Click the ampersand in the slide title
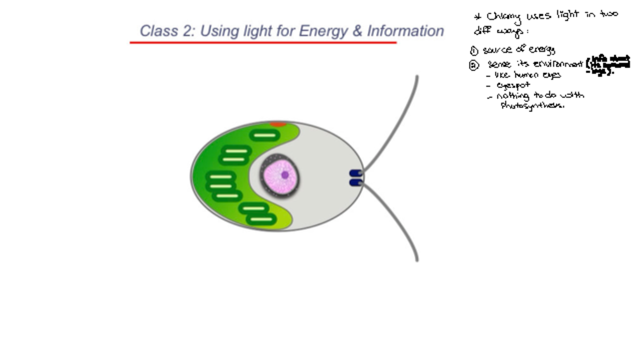click(358, 31)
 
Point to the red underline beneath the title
click(263, 42)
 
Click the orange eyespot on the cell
click(278, 125)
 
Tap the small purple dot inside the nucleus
click(285, 175)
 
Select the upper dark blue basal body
click(356, 173)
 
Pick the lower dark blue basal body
click(356, 182)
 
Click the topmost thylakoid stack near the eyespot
click(264, 135)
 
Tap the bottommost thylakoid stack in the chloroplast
click(261, 219)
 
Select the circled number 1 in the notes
click(474, 51)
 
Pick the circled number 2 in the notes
click(474, 66)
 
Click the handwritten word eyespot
click(513, 85)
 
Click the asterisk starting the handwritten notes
click(478, 16)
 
